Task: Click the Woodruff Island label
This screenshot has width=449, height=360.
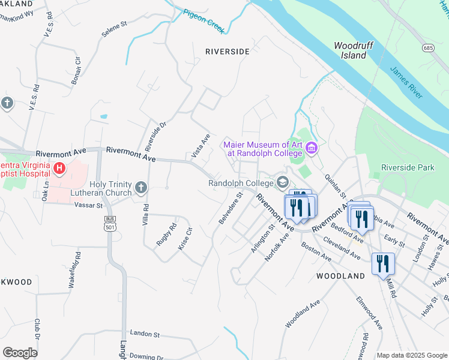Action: coord(350,50)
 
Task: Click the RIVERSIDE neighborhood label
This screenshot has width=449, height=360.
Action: coord(227,52)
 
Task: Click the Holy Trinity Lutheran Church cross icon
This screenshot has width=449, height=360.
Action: coord(140,188)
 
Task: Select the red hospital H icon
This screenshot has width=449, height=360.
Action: coord(59,169)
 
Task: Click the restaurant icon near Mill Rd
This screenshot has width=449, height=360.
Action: coord(382,263)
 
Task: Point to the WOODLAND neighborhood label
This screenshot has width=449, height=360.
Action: coord(340,276)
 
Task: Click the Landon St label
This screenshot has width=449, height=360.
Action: coord(145,334)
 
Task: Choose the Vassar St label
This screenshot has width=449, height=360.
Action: coord(89,205)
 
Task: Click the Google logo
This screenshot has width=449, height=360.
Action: coord(20,353)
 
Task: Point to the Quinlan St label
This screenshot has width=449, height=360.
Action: coord(336,185)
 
